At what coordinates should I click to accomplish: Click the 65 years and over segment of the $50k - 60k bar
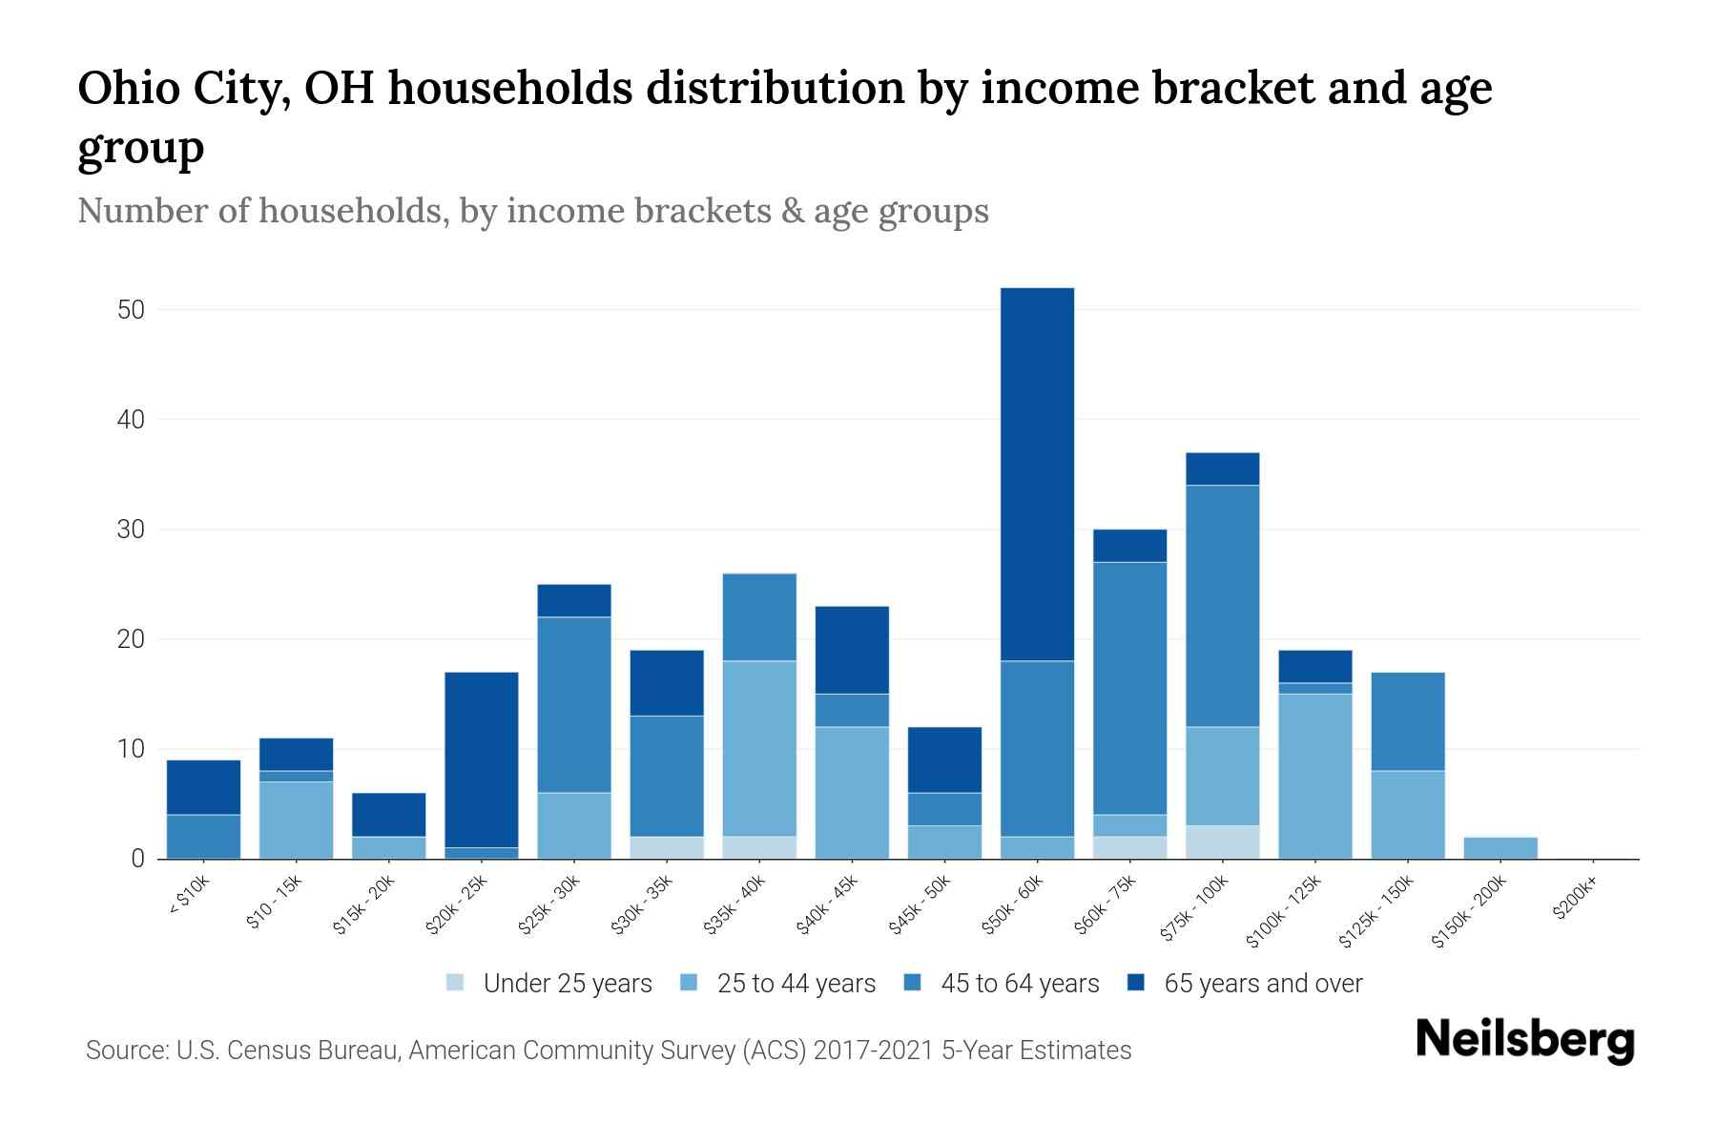coord(1037,474)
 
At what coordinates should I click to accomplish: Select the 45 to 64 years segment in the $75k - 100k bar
coord(1222,606)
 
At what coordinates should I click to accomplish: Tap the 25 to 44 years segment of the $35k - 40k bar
coord(760,748)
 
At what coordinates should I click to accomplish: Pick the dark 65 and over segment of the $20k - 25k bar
coord(482,760)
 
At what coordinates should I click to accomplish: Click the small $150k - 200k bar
coord(1500,848)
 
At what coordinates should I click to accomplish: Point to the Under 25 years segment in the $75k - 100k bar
coord(1222,842)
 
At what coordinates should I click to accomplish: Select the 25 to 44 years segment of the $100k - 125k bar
coord(1314,776)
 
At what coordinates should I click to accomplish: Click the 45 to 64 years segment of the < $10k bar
coord(203,836)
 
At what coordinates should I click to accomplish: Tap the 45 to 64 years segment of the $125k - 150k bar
coord(1407,721)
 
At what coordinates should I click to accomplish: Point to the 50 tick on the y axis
coord(131,310)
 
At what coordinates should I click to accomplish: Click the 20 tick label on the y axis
coord(131,639)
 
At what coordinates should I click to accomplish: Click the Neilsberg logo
coord(1524,1041)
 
